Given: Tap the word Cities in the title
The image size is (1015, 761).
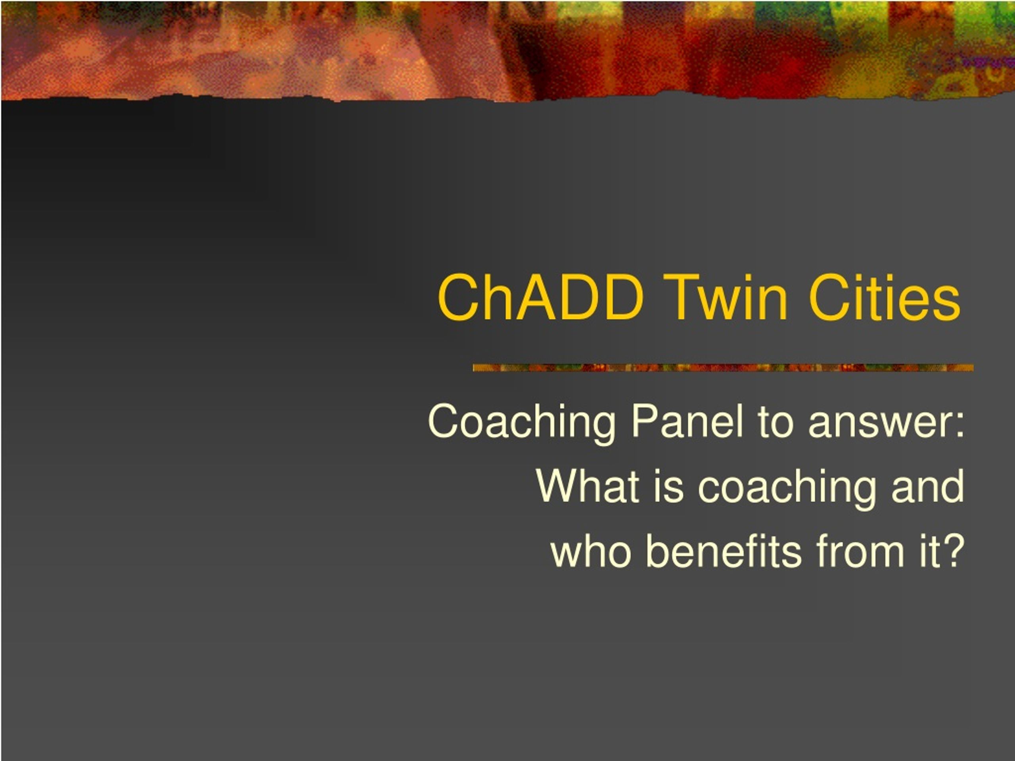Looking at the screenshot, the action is (x=884, y=297).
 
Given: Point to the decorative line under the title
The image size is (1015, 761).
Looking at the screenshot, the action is (x=723, y=368).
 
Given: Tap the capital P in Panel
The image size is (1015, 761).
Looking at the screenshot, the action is (x=645, y=421).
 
